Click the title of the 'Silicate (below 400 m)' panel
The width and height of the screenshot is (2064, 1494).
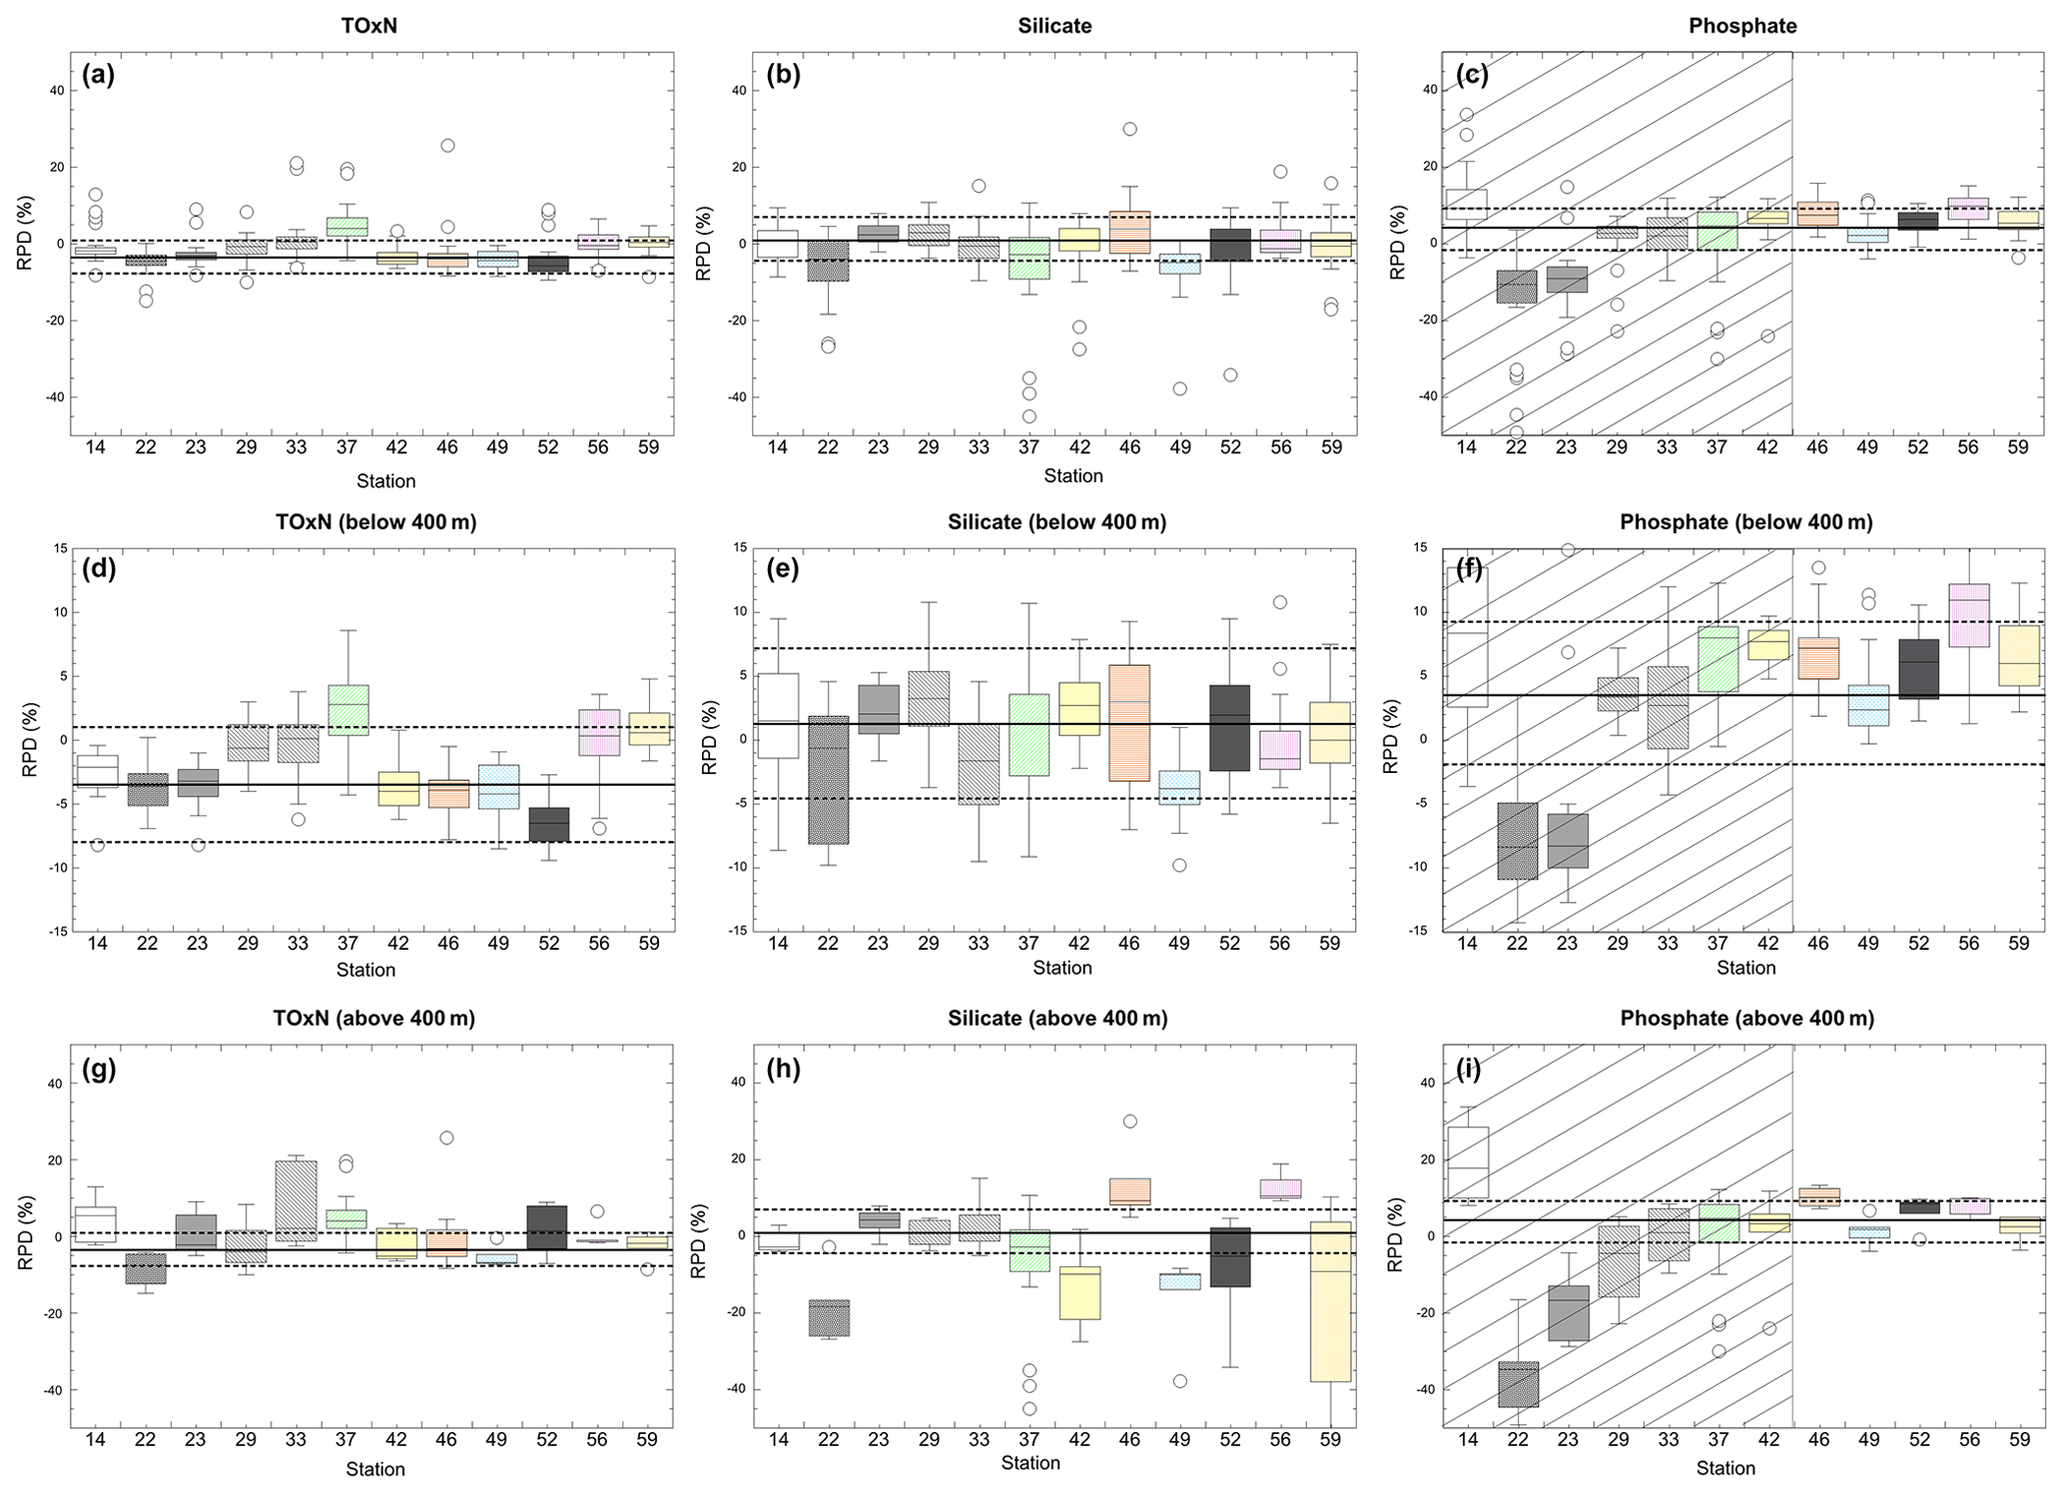pyautogui.click(x=1056, y=522)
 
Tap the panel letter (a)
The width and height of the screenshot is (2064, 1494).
pyautogui.click(x=99, y=75)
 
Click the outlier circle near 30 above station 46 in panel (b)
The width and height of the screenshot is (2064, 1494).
pyautogui.click(x=1129, y=129)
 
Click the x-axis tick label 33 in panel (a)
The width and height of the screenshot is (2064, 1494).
pyautogui.click(x=297, y=447)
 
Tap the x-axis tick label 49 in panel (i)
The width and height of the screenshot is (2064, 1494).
pyautogui.click(x=1868, y=1440)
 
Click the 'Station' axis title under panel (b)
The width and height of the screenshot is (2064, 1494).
pyautogui.click(x=1073, y=476)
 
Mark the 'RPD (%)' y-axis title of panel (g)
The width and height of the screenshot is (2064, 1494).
pyautogui.click(x=24, y=1235)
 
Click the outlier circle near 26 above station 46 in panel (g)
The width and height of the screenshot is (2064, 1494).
pyautogui.click(x=446, y=1138)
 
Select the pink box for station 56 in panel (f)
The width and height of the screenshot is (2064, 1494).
pyautogui.click(x=1968, y=615)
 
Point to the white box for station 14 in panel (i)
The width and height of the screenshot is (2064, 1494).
pyautogui.click(x=1467, y=1161)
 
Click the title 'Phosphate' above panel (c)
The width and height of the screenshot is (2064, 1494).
pyautogui.click(x=1742, y=27)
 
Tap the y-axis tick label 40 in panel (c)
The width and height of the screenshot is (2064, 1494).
pyautogui.click(x=1429, y=90)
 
